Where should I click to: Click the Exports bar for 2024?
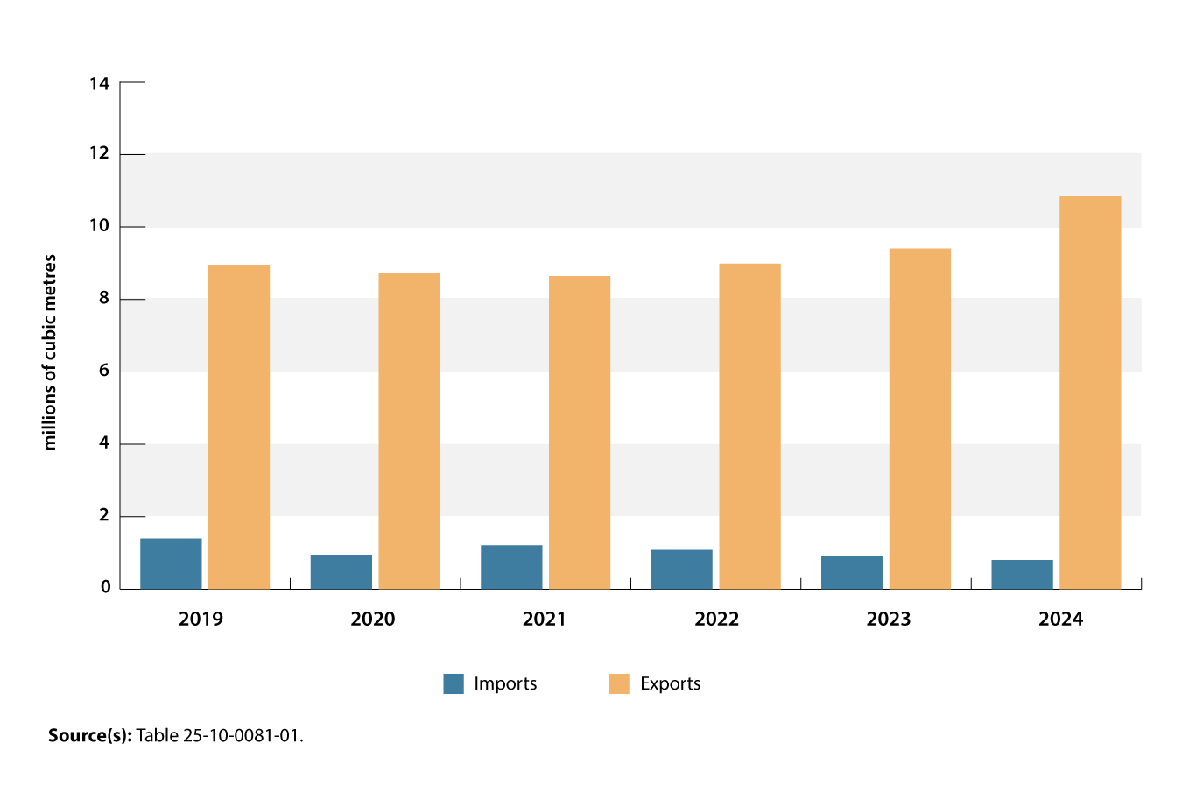tap(1090, 393)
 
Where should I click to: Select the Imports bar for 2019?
tap(171, 563)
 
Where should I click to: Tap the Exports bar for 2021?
tap(580, 432)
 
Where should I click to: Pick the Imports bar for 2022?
tap(681, 570)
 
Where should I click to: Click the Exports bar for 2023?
tap(919, 419)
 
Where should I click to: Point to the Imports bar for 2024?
tap(1022, 574)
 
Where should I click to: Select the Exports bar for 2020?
tap(409, 431)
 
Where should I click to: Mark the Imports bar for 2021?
tap(511, 567)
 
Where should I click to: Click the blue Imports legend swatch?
tap(454, 683)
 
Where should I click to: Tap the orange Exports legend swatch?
tap(619, 683)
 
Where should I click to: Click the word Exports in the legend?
tap(670, 683)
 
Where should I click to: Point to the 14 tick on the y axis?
tap(99, 84)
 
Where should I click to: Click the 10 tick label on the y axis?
tap(99, 226)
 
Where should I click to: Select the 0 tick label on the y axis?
tap(105, 587)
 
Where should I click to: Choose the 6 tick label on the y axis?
tap(104, 371)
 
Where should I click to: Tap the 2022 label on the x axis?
tap(716, 620)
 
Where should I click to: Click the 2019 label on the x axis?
tap(201, 620)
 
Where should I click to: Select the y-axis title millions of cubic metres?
tap(50, 352)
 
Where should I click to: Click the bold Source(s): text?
tap(89, 735)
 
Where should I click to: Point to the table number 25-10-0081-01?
tap(241, 735)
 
